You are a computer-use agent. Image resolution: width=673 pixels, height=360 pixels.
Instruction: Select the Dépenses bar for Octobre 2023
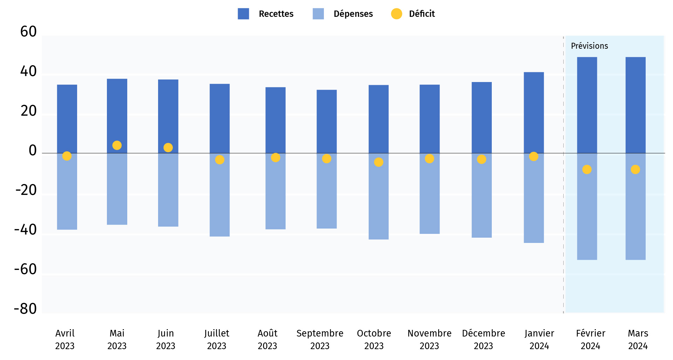tap(379, 203)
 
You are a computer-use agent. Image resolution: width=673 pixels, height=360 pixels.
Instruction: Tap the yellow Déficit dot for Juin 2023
tap(168, 148)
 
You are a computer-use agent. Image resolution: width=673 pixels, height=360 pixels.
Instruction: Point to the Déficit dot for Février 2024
tap(587, 170)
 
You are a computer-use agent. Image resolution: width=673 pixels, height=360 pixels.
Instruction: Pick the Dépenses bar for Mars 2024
tap(635, 217)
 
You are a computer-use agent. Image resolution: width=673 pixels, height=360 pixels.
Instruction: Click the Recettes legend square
tap(243, 14)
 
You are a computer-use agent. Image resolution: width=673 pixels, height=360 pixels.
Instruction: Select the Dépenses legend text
tap(353, 14)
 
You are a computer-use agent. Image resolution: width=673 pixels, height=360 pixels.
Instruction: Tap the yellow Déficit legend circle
tap(396, 14)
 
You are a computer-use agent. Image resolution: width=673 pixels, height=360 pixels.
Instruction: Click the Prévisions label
tap(589, 46)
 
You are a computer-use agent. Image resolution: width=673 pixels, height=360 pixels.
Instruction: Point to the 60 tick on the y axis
tap(28, 32)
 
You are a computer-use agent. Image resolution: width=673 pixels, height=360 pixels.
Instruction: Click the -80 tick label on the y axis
tap(25, 309)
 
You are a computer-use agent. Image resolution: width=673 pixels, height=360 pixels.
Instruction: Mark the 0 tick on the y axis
tap(33, 150)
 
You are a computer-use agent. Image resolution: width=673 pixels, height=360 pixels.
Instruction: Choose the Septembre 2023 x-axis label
tap(320, 339)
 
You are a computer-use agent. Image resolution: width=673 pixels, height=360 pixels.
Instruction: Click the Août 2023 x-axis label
tap(267, 339)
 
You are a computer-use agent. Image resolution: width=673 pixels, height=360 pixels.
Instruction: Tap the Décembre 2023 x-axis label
tap(483, 339)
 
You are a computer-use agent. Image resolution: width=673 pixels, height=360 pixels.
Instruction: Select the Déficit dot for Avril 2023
tap(67, 156)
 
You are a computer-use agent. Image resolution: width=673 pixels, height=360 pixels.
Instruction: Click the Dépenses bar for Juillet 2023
tap(220, 203)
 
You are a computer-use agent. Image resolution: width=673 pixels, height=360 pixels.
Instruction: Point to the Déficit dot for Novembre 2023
tap(429, 159)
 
